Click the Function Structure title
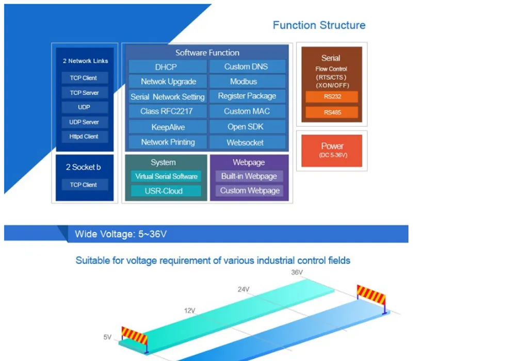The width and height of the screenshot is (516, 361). pos(319,25)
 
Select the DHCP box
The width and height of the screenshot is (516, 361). pos(168,67)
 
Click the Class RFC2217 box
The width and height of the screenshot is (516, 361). pos(168,111)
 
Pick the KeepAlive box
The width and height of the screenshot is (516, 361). pos(168,127)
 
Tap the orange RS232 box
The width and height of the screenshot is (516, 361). pos(332,96)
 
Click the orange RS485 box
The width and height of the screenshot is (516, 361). pos(332,112)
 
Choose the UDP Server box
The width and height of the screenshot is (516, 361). pos(85,122)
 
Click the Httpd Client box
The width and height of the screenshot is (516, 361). pos(85,137)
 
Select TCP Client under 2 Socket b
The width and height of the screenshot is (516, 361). pos(85,185)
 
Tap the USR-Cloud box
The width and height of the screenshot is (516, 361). pos(166,191)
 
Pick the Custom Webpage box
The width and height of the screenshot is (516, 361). pos(249,191)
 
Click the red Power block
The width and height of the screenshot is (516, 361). pos(332,151)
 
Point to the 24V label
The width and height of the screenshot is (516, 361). pos(244,289)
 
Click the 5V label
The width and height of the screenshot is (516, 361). pos(107,337)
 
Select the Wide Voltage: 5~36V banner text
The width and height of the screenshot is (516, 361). pos(121,234)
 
